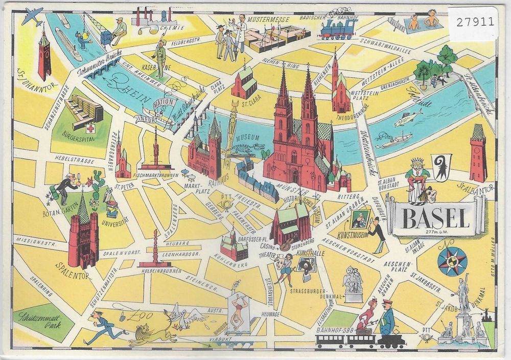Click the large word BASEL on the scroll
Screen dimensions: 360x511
pos(435,218)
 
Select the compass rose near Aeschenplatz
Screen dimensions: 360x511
pos(452,261)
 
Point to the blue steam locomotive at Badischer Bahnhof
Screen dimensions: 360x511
pos(337,30)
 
